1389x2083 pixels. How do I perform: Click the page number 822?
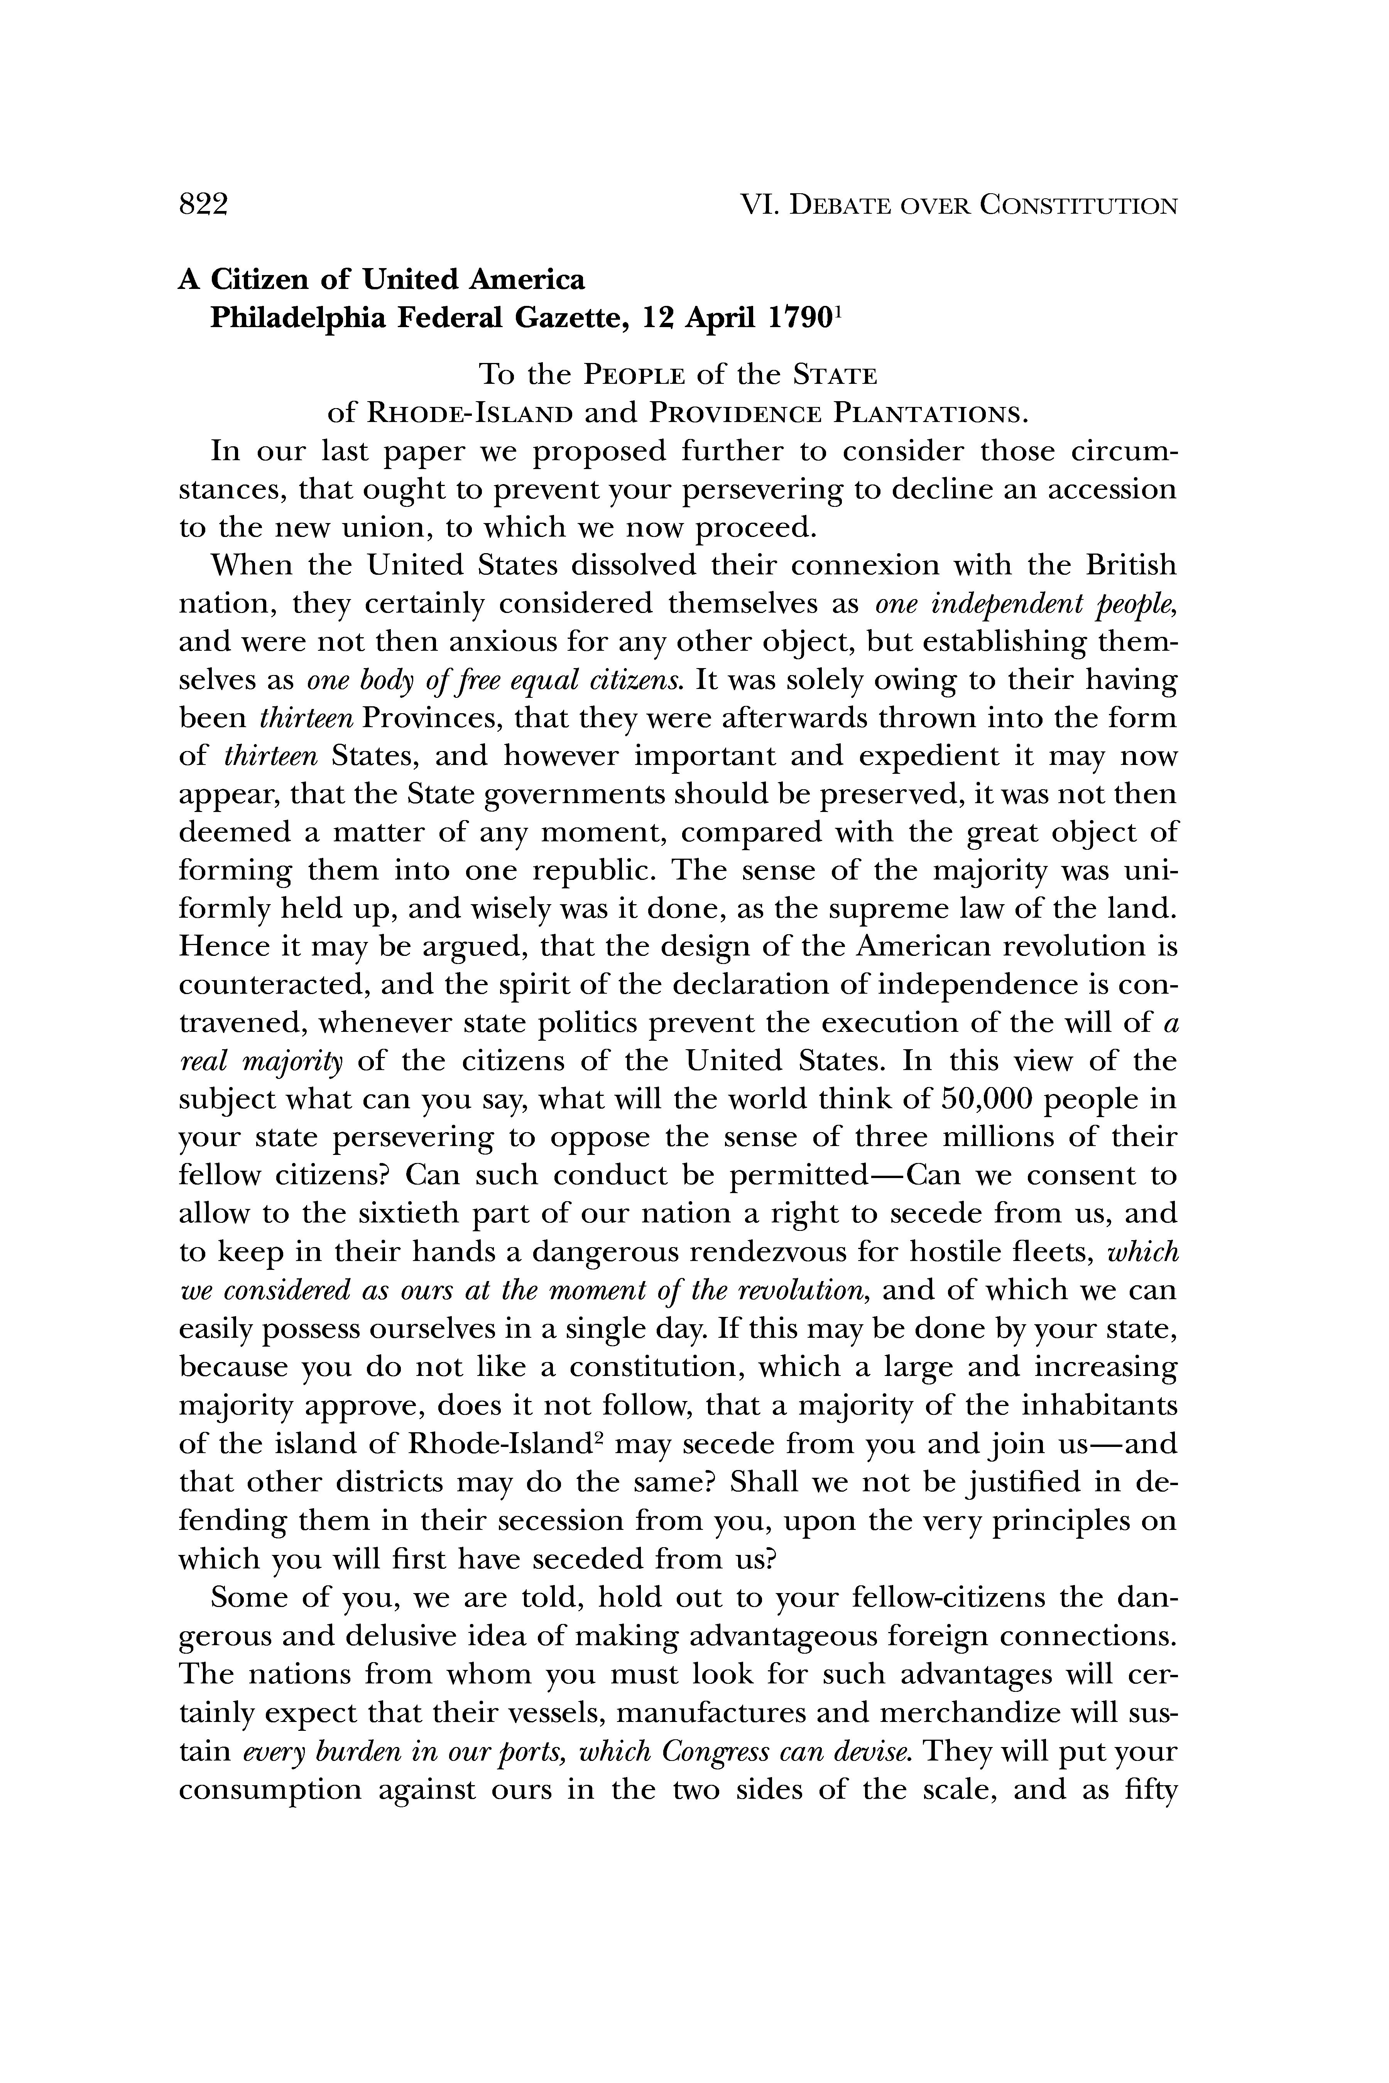pos(204,206)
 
